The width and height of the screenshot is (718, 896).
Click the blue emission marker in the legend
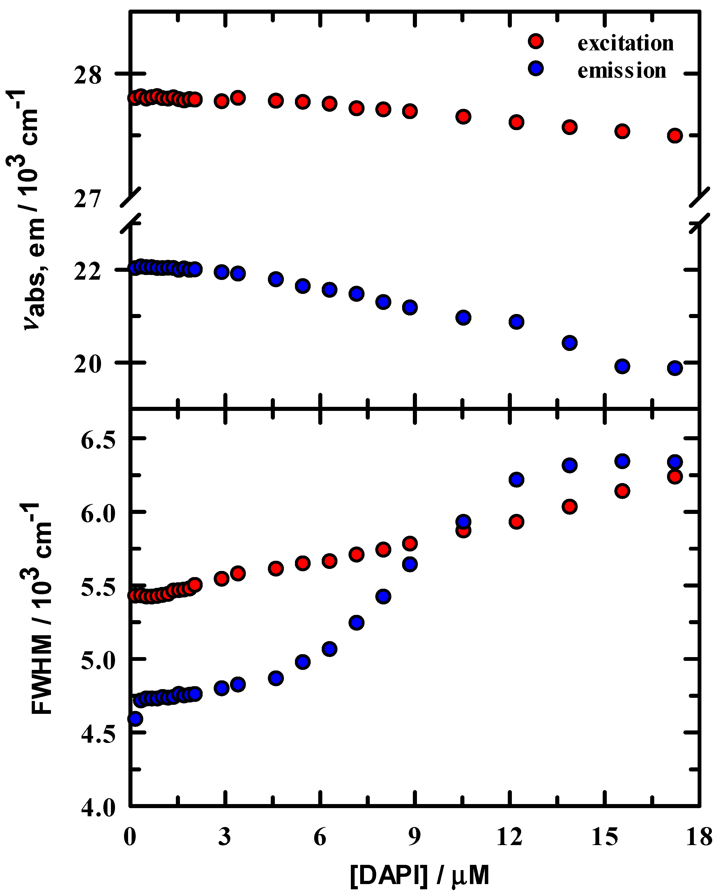click(x=536, y=68)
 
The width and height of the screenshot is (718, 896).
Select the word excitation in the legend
click(x=625, y=43)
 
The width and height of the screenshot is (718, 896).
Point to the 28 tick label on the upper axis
click(x=88, y=76)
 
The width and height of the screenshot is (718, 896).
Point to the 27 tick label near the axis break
click(x=88, y=199)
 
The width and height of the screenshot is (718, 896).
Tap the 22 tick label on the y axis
click(x=88, y=272)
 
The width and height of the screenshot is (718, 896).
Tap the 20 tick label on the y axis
click(x=88, y=364)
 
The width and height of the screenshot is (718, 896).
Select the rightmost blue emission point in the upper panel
click(x=675, y=368)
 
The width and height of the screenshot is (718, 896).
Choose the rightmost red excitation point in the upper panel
click(x=675, y=136)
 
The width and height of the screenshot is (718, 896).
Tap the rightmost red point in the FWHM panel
click(x=675, y=477)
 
